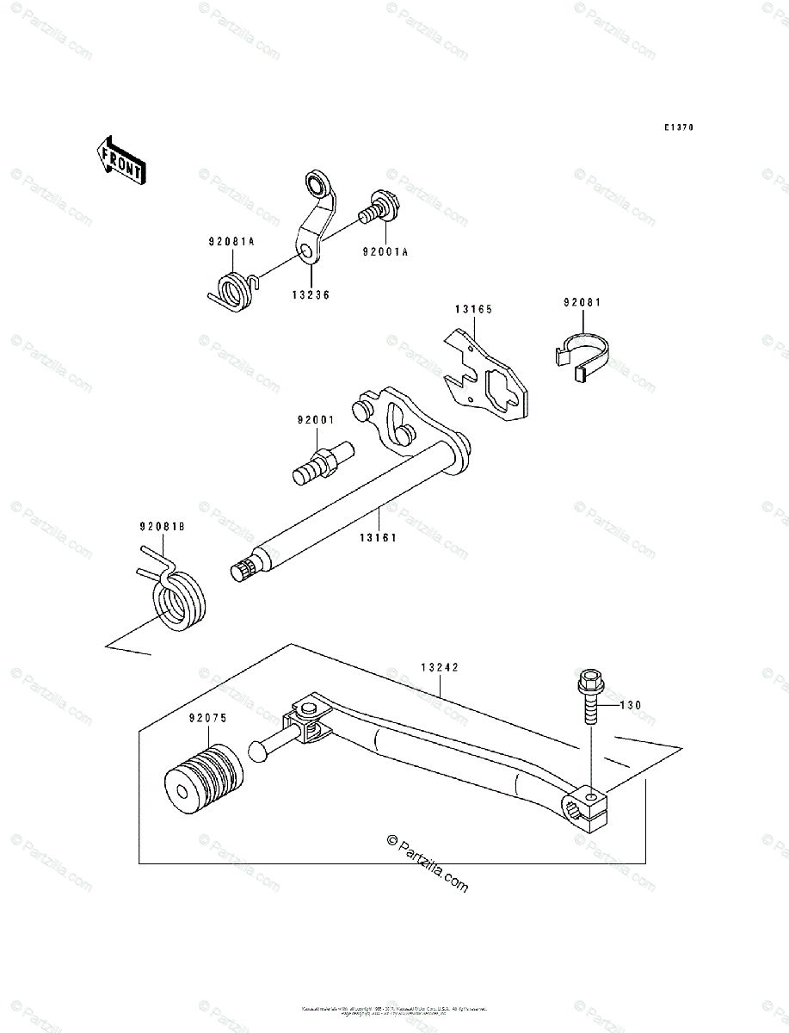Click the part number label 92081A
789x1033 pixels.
[230, 243]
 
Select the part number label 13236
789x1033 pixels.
[310, 294]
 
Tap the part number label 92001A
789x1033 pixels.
[385, 253]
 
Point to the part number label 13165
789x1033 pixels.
[473, 307]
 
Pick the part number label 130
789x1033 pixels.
[631, 705]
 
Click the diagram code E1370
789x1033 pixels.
[678, 127]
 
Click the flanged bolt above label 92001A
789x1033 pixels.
[378, 207]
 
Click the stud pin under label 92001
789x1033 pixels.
[325, 463]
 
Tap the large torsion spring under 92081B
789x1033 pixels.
[177, 599]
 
